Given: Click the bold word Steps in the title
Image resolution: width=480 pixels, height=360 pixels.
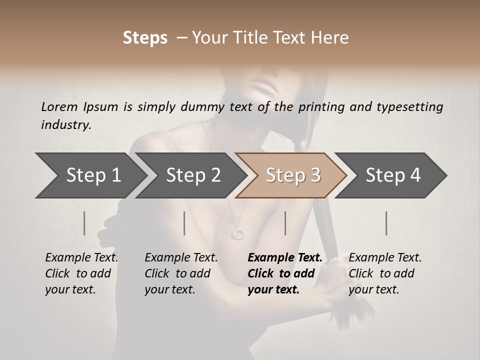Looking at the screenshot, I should click(x=145, y=38).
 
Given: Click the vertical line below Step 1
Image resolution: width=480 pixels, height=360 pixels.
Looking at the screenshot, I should click(x=84, y=223).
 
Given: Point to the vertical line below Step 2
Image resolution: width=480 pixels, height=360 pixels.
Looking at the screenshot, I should click(x=184, y=223).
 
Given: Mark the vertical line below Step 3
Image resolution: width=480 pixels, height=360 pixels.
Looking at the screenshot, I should click(x=285, y=223).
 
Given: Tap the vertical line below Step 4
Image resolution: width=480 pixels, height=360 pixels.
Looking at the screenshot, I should click(x=386, y=223).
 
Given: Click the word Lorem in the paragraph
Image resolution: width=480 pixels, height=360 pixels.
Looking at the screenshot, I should click(x=59, y=106).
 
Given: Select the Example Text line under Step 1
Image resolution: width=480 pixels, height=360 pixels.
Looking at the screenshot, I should click(x=81, y=257).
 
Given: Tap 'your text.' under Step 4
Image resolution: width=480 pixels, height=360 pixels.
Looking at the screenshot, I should click(x=374, y=289).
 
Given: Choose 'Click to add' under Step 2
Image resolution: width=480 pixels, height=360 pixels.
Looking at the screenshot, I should click(x=177, y=273).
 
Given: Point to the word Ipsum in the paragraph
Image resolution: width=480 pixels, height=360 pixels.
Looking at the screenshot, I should click(x=100, y=106).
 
